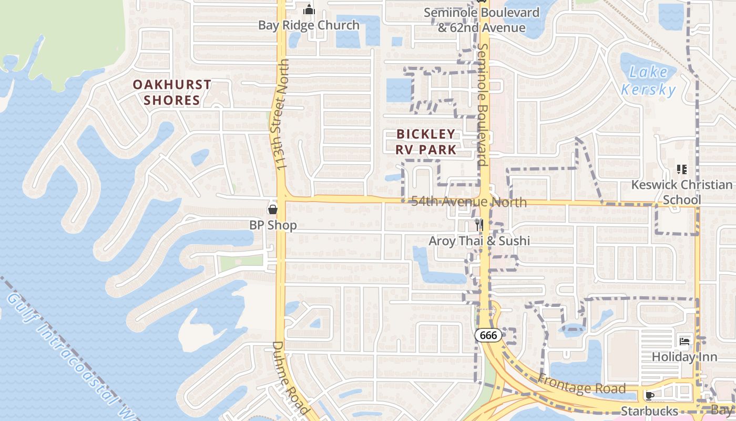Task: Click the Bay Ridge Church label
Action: click(309, 25)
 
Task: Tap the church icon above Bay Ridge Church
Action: click(309, 10)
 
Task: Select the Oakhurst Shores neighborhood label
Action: click(172, 92)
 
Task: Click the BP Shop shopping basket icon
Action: click(273, 209)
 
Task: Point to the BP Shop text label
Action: click(273, 225)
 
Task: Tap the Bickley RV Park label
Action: click(426, 142)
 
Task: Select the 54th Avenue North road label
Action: click(468, 202)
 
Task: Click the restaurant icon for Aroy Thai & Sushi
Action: click(479, 225)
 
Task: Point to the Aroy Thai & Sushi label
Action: click(479, 241)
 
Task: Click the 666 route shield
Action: click(488, 335)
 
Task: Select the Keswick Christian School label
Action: click(682, 192)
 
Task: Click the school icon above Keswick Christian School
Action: click(682, 169)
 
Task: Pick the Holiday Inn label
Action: click(684, 357)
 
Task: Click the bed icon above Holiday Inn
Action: click(684, 341)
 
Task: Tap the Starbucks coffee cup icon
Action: click(650, 395)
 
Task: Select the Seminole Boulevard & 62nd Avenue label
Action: click(482, 20)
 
